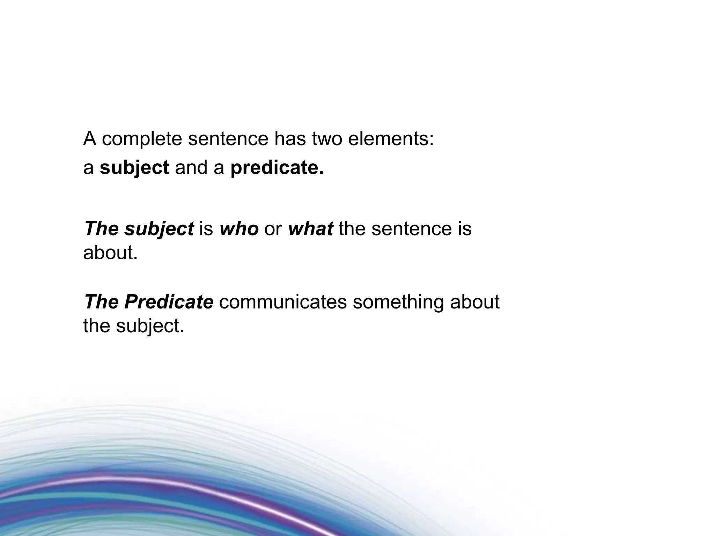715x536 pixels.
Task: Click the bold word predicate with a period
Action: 277,168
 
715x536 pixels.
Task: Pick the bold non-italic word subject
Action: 134,168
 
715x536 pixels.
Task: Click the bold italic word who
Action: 239,229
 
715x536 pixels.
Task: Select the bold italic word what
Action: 310,229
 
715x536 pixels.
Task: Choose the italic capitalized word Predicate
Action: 169,302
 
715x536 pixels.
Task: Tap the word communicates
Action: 283,302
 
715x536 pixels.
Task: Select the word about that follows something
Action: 475,302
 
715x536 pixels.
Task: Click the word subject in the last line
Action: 150,326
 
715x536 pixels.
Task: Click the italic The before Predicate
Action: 102,302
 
